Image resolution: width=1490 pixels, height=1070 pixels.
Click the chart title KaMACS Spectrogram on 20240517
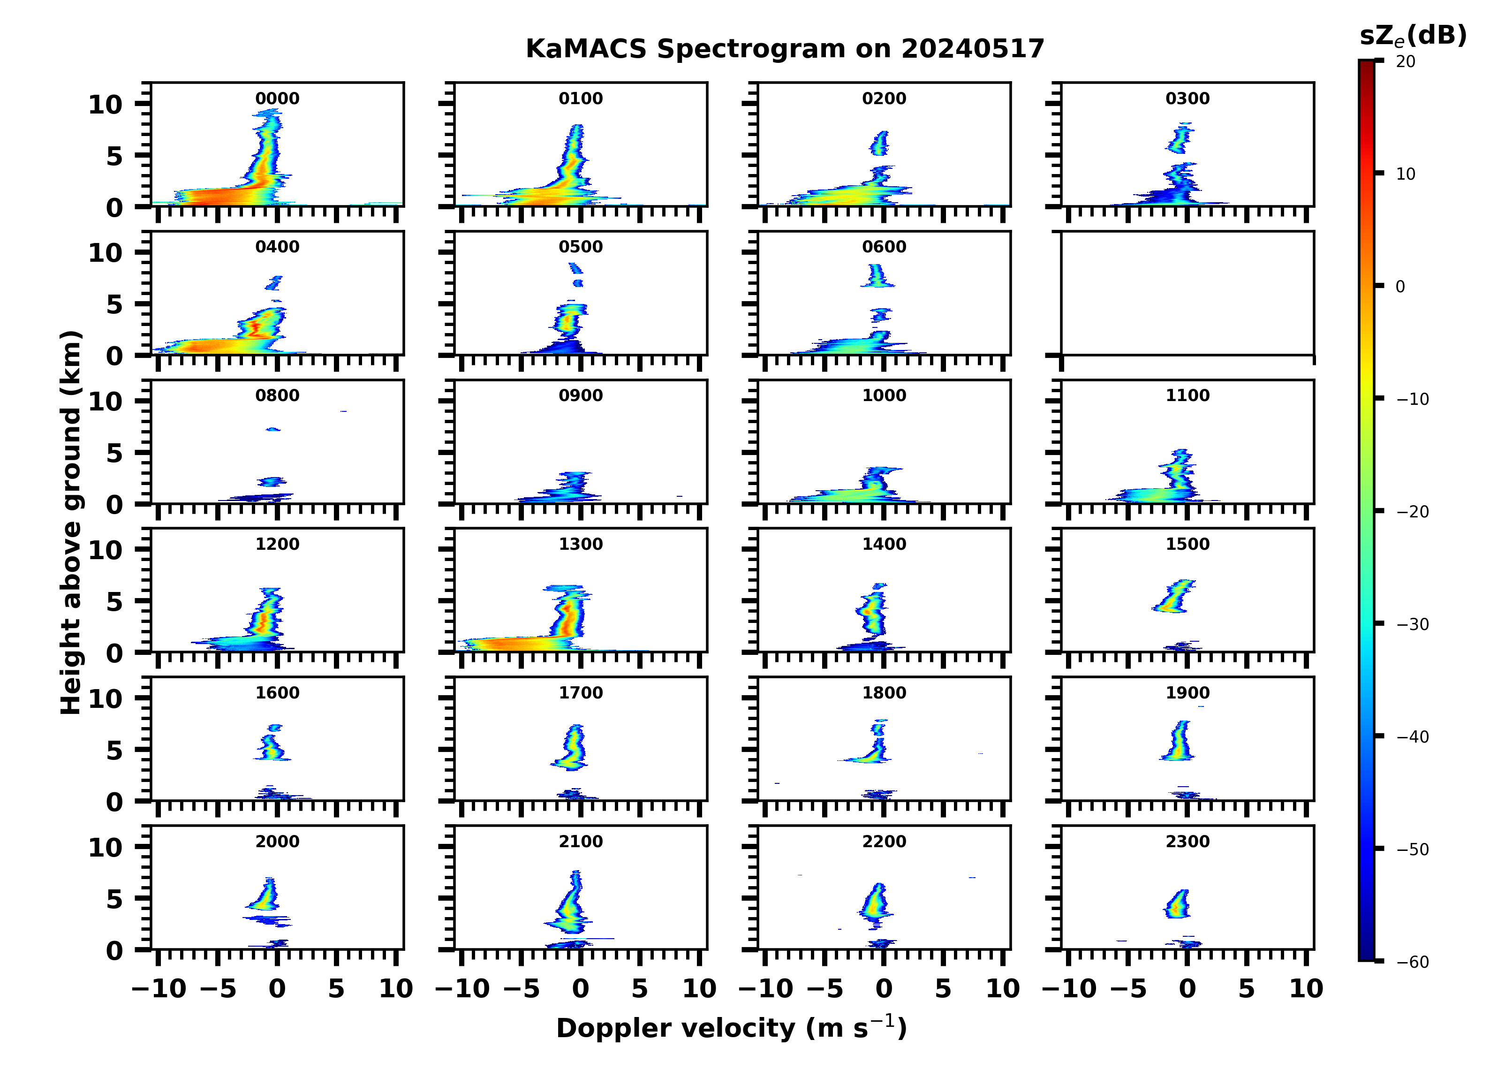pos(785,49)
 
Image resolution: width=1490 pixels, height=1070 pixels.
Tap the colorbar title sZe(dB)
pos(1413,36)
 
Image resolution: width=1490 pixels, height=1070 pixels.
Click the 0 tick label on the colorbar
pos(1400,287)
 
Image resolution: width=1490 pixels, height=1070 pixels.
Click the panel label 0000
pos(277,99)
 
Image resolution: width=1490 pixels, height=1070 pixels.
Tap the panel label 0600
pos(884,247)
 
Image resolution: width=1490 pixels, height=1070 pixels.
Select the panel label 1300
pos(581,544)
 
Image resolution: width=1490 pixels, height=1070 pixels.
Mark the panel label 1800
pos(884,693)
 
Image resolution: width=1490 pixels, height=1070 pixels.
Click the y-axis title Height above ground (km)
pos(71,523)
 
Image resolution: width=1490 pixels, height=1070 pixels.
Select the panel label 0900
pos(581,395)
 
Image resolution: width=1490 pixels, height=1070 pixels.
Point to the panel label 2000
pos(277,842)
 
